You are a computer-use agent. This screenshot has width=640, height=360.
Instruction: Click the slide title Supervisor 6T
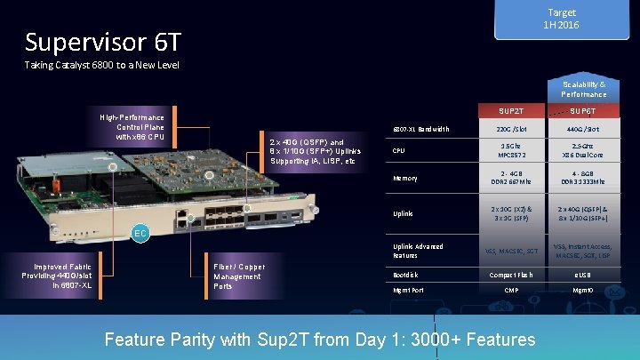point(103,42)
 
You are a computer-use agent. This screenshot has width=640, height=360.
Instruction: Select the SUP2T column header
point(511,112)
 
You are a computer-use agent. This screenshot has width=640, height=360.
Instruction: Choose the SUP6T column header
point(582,112)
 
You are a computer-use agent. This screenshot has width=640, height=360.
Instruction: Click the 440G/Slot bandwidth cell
point(583,130)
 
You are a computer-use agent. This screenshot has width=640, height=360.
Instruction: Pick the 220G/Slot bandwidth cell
point(511,130)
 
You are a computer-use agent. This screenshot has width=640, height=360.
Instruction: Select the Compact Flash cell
point(511,275)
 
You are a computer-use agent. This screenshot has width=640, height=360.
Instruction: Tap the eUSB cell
point(583,275)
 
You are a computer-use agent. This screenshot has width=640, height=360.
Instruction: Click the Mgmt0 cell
point(583,291)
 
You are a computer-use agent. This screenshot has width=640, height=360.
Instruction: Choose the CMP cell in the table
point(511,291)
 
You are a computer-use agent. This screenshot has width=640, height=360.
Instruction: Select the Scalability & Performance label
point(583,89)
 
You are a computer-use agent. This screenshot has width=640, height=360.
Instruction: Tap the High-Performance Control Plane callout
point(132,127)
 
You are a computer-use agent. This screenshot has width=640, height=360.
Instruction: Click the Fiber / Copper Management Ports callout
point(238,276)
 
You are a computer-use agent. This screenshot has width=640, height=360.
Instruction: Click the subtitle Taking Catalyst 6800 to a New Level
point(101,66)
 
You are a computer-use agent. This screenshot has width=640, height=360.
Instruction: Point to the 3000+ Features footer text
point(320,340)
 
